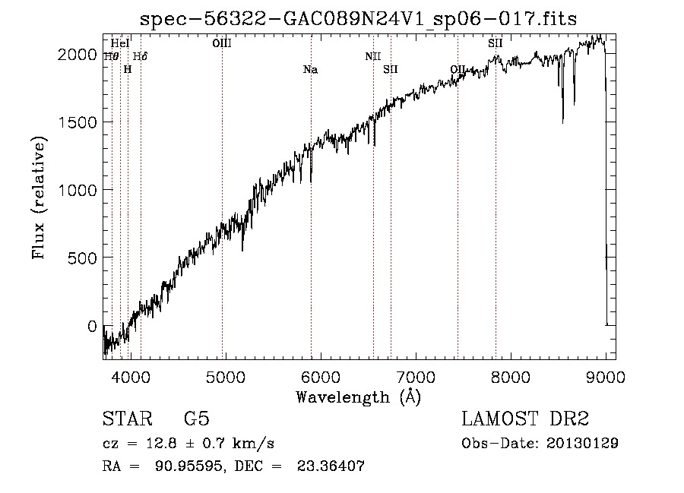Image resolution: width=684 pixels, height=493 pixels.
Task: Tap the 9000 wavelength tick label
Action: click(x=606, y=375)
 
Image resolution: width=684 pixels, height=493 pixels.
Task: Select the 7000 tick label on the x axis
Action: click(x=415, y=375)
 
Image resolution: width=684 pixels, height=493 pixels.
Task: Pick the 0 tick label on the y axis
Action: click(x=92, y=326)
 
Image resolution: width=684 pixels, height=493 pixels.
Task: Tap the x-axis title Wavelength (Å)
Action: click(x=358, y=397)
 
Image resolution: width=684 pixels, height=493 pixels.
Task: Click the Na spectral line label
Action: click(x=310, y=70)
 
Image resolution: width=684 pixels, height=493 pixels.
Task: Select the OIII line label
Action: click(x=222, y=44)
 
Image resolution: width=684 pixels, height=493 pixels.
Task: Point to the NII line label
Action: click(x=372, y=56)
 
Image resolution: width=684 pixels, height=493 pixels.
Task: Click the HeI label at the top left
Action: click(x=120, y=44)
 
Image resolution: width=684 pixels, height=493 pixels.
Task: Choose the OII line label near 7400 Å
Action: click(x=458, y=70)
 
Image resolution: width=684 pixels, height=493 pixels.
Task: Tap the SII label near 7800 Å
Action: click(x=495, y=44)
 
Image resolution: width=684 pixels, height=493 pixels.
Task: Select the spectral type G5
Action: click(x=196, y=419)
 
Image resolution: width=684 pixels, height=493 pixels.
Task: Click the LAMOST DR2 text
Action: click(x=525, y=419)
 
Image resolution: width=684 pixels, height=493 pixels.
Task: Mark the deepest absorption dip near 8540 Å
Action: click(x=562, y=122)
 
